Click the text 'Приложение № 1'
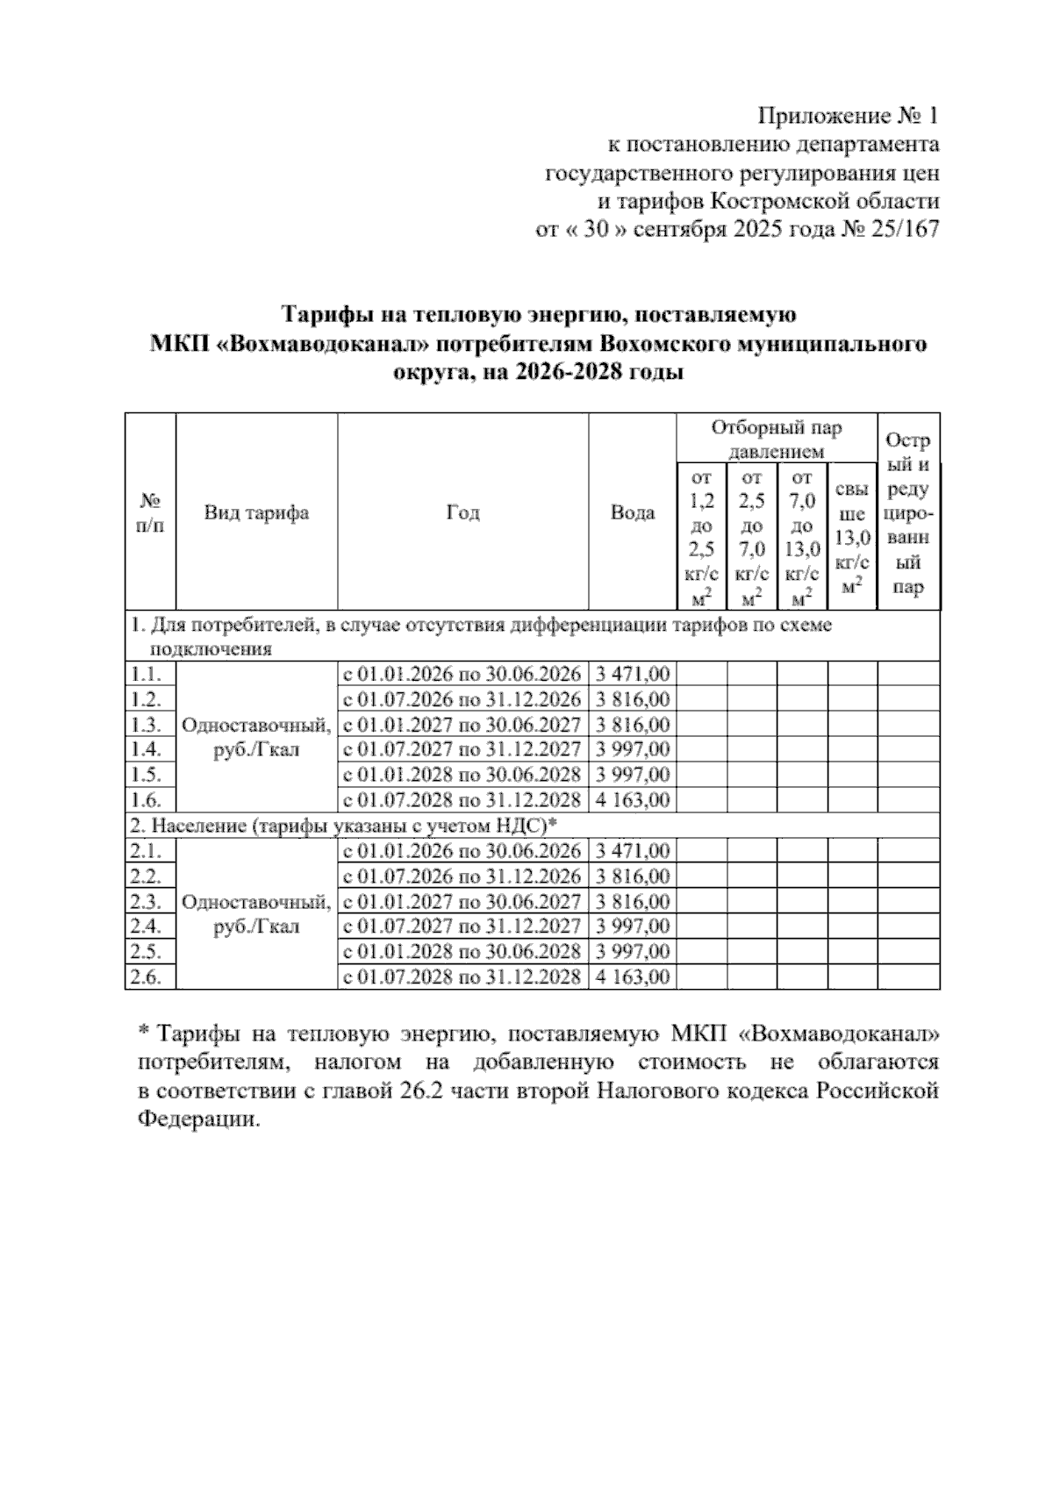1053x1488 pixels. coord(848,116)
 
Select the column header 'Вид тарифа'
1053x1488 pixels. coord(256,512)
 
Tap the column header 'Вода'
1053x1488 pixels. coord(632,512)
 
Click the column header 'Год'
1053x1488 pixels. coord(462,512)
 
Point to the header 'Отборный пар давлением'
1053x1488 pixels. coord(776,440)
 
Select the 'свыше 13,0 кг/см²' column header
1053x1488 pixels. coord(852,537)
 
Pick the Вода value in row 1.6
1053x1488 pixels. coord(632,800)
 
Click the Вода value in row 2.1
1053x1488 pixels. coord(632,851)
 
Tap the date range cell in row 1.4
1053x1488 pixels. coord(462,749)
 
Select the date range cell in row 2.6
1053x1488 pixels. coord(462,977)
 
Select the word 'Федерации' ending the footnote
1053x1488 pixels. coord(198,1120)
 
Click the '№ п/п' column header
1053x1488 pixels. coord(150,512)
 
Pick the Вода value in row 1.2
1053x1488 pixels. coord(632,699)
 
